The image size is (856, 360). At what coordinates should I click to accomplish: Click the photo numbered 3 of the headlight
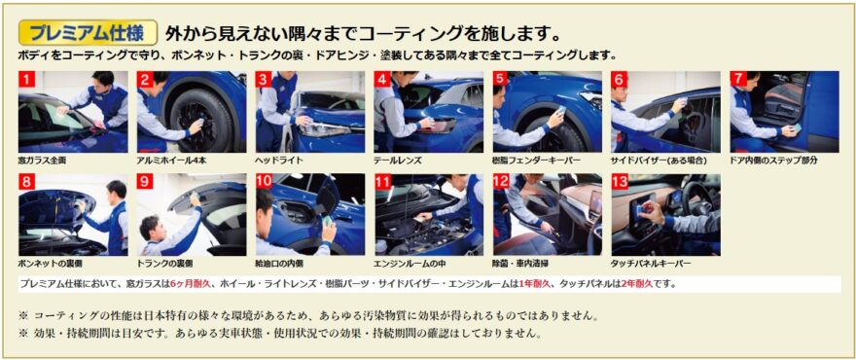[x=309, y=112]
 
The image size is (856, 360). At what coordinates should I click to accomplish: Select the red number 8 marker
[x=27, y=182]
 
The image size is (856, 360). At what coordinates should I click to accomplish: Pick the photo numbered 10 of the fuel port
[x=309, y=214]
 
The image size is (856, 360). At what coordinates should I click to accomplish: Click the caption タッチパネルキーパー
[x=651, y=263]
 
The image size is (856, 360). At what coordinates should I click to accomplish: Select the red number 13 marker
[x=620, y=182]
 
